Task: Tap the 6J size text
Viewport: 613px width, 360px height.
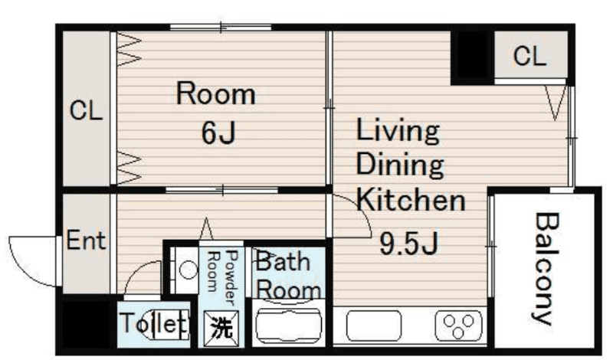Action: pyautogui.click(x=218, y=133)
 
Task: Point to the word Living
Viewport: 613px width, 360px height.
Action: pyautogui.click(x=398, y=131)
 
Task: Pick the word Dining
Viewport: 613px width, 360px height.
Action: pyautogui.click(x=400, y=165)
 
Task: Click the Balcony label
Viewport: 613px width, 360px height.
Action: pyautogui.click(x=546, y=269)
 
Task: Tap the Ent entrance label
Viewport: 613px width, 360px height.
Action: pyautogui.click(x=86, y=240)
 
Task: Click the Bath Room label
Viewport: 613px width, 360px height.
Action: pyautogui.click(x=289, y=276)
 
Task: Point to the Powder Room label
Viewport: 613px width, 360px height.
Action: pyautogui.click(x=223, y=277)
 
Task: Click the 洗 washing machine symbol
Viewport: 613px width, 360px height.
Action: pyautogui.click(x=221, y=328)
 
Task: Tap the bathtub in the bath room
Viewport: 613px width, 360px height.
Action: pyautogui.click(x=289, y=324)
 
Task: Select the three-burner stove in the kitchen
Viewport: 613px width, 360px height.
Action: pyautogui.click(x=458, y=325)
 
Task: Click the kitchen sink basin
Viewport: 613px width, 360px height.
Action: pyautogui.click(x=374, y=325)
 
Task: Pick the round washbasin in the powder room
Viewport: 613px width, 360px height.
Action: pyautogui.click(x=188, y=270)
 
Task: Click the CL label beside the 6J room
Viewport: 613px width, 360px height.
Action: pyautogui.click(x=86, y=110)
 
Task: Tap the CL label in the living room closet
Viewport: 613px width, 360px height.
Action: pyautogui.click(x=529, y=55)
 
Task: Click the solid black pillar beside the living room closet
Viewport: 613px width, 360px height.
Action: pyautogui.click(x=472, y=57)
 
